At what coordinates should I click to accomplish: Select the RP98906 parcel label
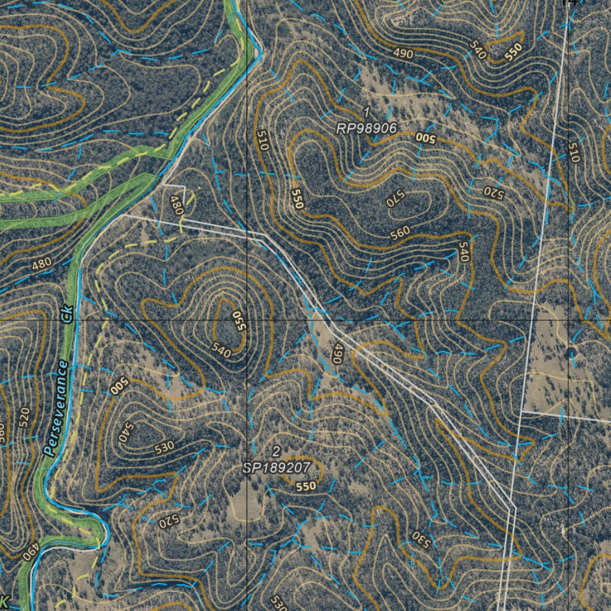[366, 128]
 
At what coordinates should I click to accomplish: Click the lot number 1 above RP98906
[366, 112]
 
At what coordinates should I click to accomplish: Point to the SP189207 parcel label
[276, 468]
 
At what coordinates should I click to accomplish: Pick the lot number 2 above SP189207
[276, 450]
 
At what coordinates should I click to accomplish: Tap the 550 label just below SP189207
[305, 486]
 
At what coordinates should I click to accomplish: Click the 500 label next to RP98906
[425, 137]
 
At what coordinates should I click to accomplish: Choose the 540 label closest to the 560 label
[464, 251]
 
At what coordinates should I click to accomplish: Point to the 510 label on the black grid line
[573, 152]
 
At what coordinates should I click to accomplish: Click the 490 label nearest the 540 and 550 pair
[403, 53]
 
